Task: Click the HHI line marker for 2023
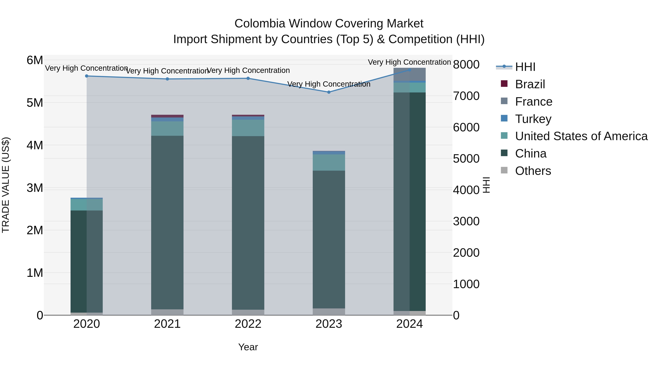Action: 329,92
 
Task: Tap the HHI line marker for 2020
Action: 87,76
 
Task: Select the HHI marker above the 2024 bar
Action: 409,70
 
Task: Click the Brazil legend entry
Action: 530,84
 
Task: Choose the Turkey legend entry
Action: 533,119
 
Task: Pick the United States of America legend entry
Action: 581,136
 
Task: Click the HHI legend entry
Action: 525,67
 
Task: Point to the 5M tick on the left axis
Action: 35,103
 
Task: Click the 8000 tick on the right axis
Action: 466,65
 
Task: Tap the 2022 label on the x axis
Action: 248,324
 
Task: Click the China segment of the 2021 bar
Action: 167,222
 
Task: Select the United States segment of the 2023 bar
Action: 329,162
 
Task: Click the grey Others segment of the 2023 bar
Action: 329,312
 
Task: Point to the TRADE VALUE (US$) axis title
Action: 6,185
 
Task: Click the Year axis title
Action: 248,347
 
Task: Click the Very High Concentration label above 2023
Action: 329,84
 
